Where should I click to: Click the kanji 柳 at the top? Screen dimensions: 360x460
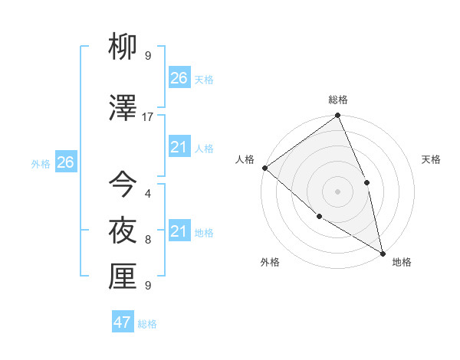click(123, 48)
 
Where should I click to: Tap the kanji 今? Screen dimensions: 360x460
click(123, 184)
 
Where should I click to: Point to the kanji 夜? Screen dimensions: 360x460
click(123, 231)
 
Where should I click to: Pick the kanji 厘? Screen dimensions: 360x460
click(123, 277)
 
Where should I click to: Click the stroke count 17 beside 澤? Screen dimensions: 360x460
click(148, 116)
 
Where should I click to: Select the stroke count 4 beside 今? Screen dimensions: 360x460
click(148, 193)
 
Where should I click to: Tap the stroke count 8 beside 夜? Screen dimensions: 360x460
click(148, 240)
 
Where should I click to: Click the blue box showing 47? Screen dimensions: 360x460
click(123, 322)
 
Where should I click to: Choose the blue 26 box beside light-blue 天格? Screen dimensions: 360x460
click(179, 77)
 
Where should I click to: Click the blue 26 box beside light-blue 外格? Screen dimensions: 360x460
click(66, 162)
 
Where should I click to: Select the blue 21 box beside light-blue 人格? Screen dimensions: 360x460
click(179, 147)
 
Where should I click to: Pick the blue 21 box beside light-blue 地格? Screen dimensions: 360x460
click(179, 231)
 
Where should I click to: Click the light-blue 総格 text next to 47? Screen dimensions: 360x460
click(147, 324)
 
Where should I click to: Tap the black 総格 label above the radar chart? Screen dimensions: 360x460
click(338, 100)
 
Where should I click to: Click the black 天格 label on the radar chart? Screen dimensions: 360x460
click(432, 159)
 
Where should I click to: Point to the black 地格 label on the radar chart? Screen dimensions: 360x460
click(402, 262)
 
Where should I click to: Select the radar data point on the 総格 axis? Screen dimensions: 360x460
click(338, 116)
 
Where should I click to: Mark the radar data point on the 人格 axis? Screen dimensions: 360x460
click(264, 168)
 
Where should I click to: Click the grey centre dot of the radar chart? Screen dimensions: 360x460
click(338, 191)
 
